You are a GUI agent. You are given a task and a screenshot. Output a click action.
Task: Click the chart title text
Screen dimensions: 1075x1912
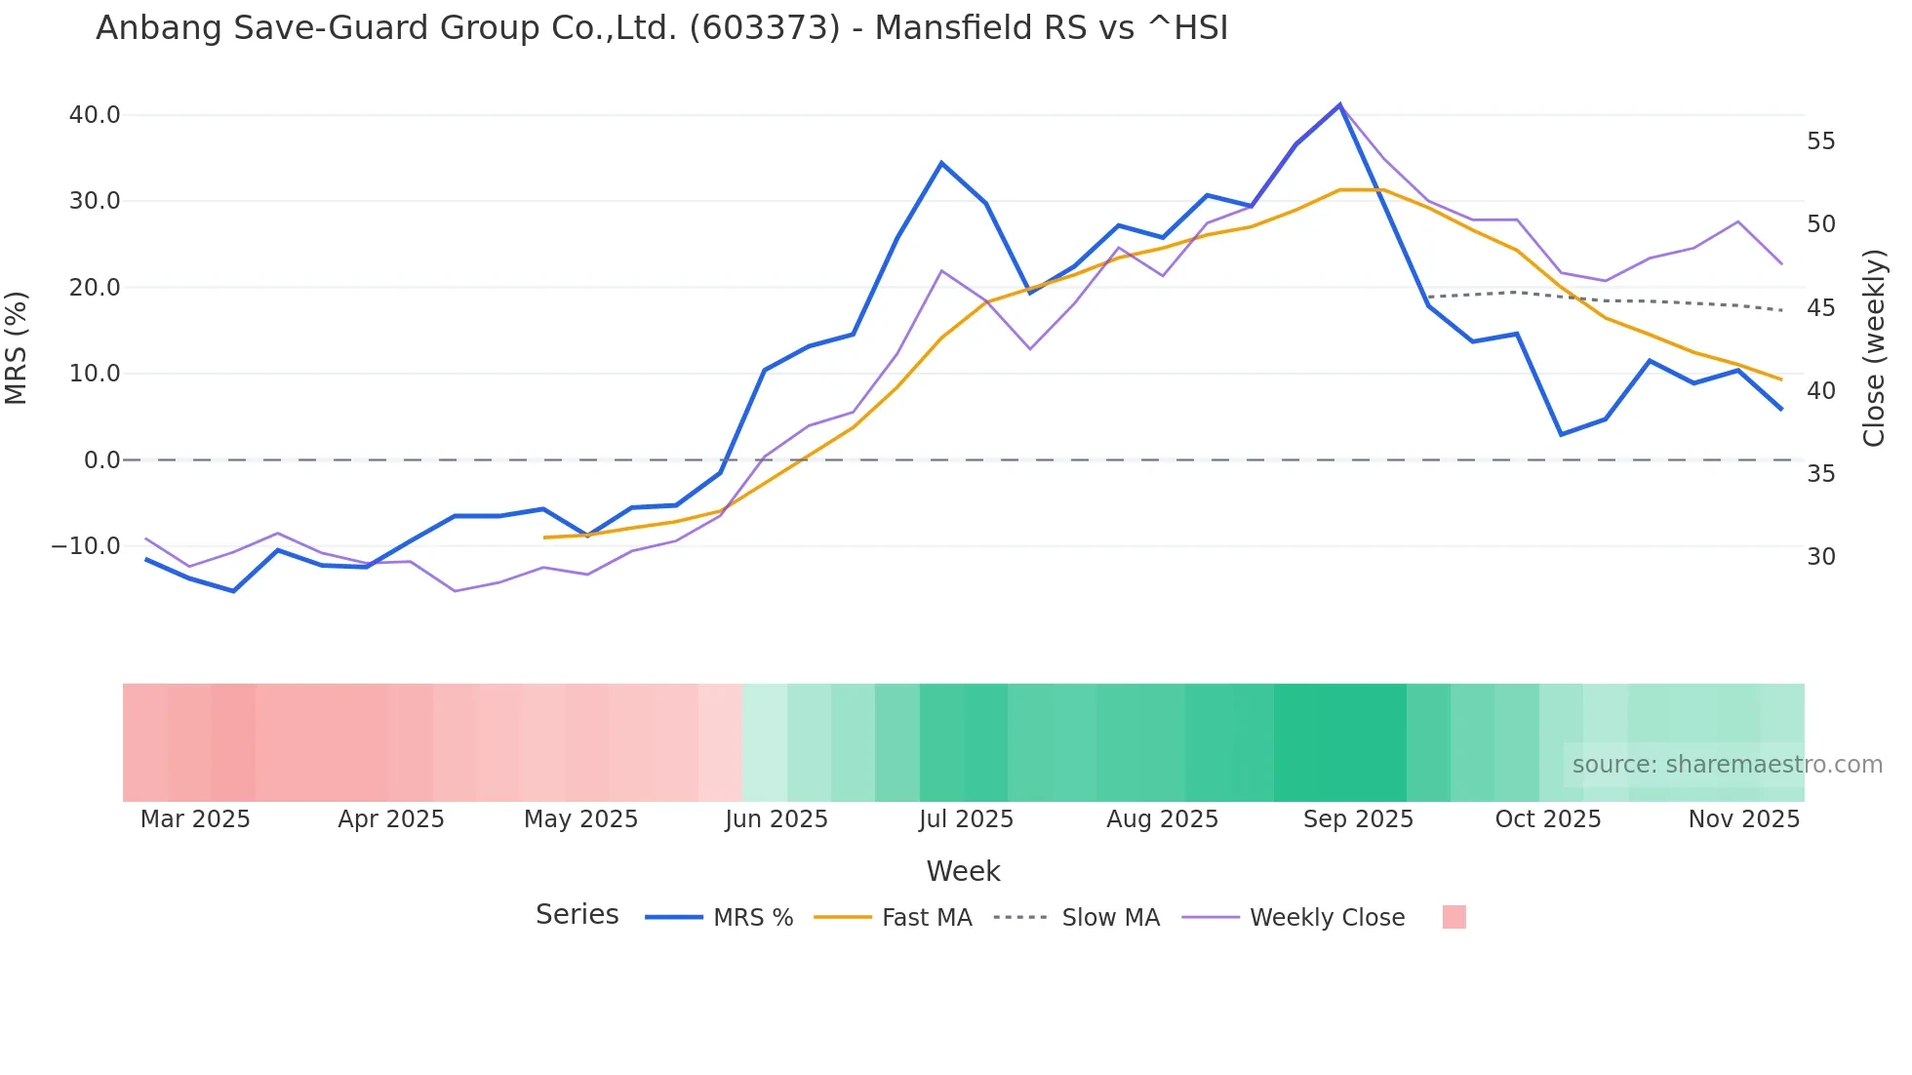pos(661,28)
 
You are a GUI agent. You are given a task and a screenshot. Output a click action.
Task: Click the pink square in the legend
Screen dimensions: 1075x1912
pos(1454,917)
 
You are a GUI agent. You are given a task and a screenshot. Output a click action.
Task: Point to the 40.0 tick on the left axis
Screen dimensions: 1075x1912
pos(95,115)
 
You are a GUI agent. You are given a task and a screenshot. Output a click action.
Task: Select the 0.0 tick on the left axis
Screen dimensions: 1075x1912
pos(102,460)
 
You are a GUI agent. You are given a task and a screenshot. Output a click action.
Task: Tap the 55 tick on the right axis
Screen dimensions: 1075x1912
pos(1820,141)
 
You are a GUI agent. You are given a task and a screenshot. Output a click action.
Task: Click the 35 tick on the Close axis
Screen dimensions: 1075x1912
pos(1820,474)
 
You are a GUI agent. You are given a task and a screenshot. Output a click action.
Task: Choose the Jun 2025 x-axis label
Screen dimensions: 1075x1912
pos(777,819)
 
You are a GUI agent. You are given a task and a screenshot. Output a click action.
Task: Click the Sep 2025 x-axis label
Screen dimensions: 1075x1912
pos(1358,819)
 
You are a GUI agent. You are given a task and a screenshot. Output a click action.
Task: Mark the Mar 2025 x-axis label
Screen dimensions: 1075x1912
pos(195,819)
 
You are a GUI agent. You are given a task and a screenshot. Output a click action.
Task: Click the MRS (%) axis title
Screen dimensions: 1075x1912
pos(17,348)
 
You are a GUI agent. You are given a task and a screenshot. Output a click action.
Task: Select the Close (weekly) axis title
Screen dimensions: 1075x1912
pos(1874,348)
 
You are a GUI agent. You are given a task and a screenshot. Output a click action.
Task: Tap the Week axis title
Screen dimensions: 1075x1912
pos(963,871)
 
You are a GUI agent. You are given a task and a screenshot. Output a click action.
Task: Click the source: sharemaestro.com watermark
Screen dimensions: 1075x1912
pos(1727,765)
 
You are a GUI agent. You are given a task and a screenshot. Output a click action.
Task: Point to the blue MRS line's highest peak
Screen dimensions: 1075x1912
pos(1339,104)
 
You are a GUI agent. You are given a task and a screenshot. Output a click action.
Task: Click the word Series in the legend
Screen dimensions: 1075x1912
pos(577,915)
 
